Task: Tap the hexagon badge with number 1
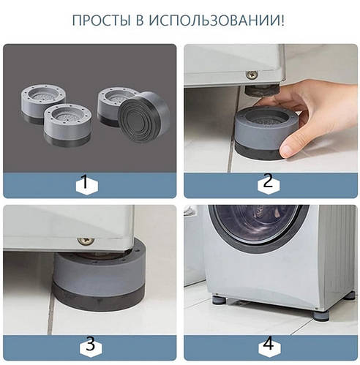coord(88,184)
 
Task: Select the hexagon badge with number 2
coord(269,184)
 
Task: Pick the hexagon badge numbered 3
coord(88,345)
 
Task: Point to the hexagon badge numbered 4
coord(269,345)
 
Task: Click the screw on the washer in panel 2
coord(251,75)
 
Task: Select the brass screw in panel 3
coord(86,240)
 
